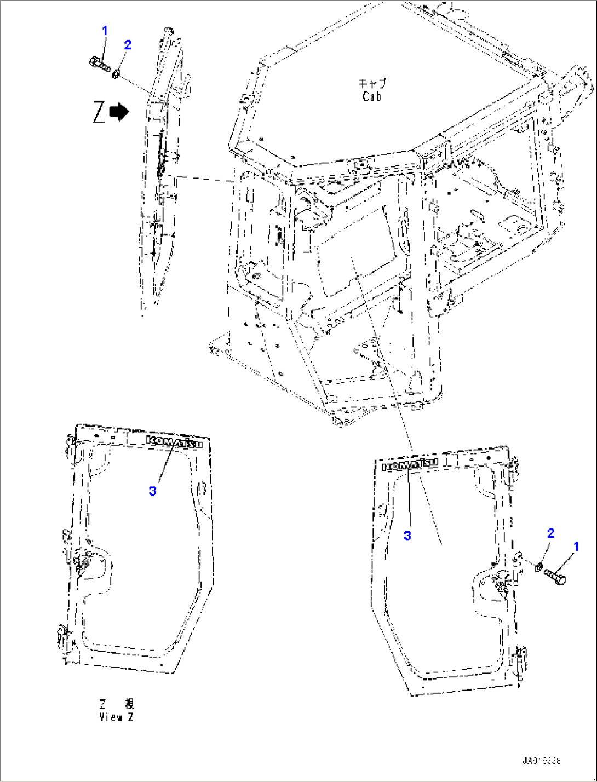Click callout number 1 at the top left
click(x=105, y=31)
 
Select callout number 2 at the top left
click(x=128, y=45)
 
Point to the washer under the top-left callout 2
click(x=116, y=73)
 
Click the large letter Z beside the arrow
click(x=99, y=112)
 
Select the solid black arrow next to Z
click(x=119, y=112)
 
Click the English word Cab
click(x=372, y=97)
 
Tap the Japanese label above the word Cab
click(x=372, y=84)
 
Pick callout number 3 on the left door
click(x=152, y=491)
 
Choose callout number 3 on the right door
click(x=407, y=536)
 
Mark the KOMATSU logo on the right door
click(x=410, y=464)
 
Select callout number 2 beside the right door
click(x=550, y=533)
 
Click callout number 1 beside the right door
click(x=576, y=546)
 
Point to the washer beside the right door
click(x=539, y=567)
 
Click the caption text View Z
click(x=116, y=717)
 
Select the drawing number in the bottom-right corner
click(x=541, y=761)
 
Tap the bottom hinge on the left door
click(x=62, y=636)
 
